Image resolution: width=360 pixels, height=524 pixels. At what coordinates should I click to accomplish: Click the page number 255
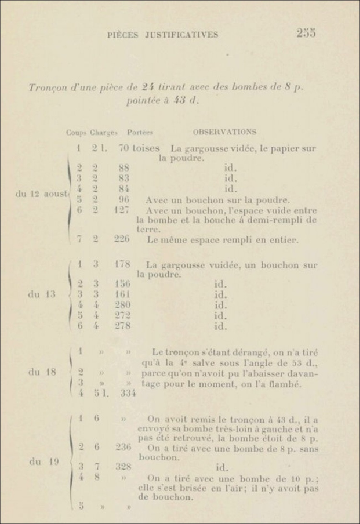[x=306, y=33]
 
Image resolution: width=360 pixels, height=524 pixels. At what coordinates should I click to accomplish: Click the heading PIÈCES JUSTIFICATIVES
[x=163, y=35]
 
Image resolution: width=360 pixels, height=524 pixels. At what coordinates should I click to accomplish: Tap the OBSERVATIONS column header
[x=224, y=131]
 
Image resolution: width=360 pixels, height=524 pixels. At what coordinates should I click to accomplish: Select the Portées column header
[x=139, y=132]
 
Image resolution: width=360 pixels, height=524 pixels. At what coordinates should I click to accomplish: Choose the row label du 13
[x=42, y=294]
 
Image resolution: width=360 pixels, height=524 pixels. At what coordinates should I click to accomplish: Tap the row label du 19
[x=44, y=462]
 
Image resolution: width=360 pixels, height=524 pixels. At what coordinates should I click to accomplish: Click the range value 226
[x=122, y=239]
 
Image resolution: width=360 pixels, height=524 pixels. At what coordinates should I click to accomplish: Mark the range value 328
[x=123, y=466]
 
